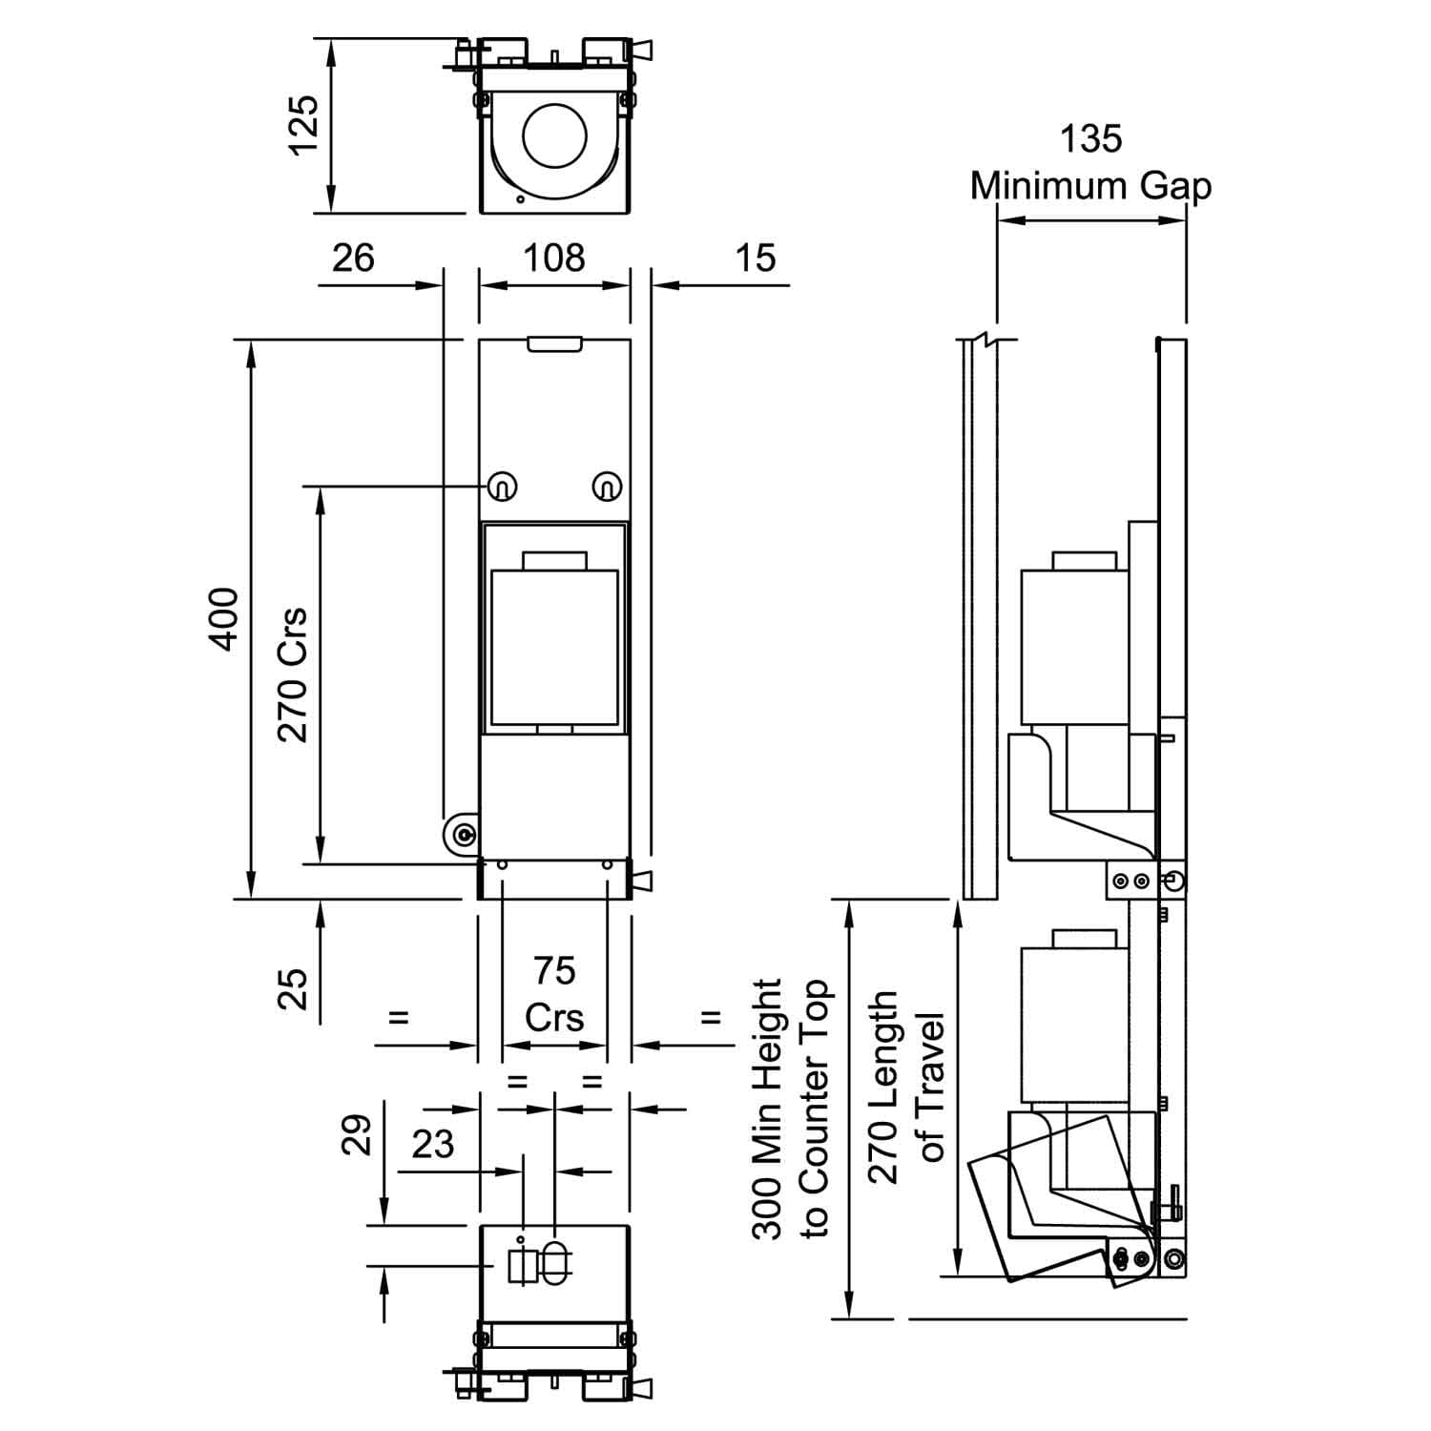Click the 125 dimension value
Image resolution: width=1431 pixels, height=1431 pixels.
pos(303,124)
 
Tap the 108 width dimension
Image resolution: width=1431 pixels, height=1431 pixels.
pos(554,258)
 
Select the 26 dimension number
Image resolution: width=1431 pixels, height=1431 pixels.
pos(353,258)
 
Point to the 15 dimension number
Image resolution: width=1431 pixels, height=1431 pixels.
pos(757,258)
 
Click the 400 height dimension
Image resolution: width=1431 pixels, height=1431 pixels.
pos(224,619)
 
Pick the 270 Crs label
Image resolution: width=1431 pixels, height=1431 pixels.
pos(293,674)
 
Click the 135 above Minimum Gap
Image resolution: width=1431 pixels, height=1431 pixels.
pos(1090,139)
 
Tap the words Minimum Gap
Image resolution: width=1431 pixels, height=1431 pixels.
pos(1090,185)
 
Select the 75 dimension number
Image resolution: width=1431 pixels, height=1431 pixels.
pos(554,971)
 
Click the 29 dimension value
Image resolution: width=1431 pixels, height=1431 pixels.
pos(357,1135)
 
